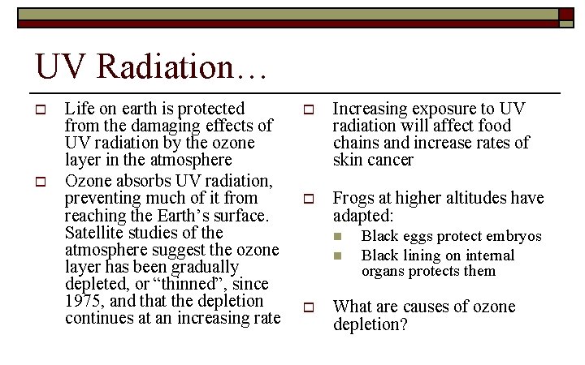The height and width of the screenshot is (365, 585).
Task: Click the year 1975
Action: [83, 302]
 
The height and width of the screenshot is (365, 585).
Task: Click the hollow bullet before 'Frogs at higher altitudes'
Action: [308, 199]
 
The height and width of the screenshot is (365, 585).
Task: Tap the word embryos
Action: [513, 236]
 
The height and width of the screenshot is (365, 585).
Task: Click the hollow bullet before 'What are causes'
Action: [308, 307]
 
